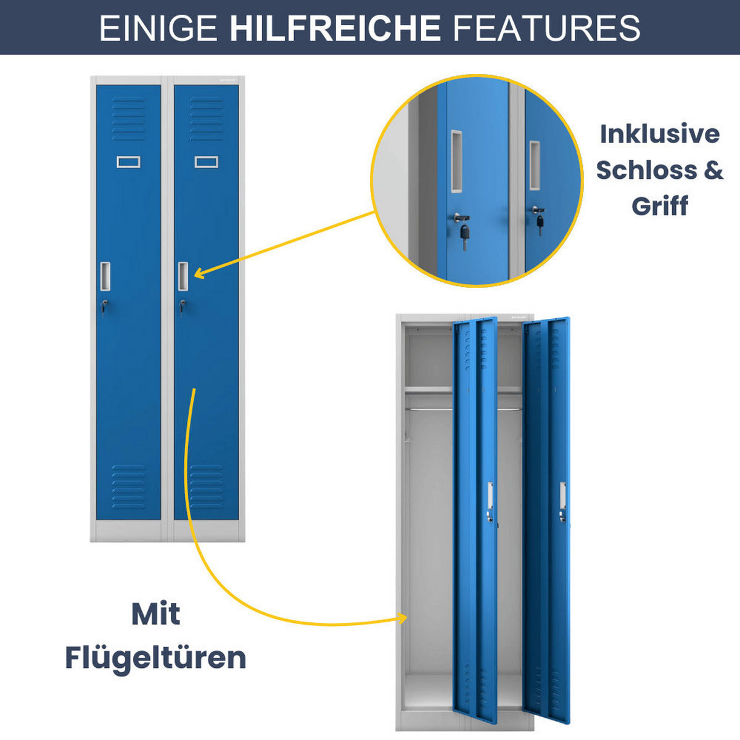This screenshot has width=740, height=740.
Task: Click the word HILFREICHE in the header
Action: click(x=335, y=28)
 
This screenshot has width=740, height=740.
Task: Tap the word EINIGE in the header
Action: click(x=158, y=28)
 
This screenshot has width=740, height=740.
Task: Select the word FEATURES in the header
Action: click(x=546, y=28)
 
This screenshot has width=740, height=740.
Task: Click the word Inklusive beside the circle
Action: click(x=659, y=134)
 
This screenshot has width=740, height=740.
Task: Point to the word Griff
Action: click(x=659, y=206)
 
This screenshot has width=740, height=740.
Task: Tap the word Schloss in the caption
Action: click(x=641, y=170)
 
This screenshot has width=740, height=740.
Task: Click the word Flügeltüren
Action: click(x=155, y=657)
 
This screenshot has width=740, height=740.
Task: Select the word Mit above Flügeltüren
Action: click(x=155, y=614)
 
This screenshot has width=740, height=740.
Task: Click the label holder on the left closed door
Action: click(x=128, y=162)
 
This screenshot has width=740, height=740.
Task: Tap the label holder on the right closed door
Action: click(x=206, y=162)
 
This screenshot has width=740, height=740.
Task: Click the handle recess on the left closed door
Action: click(x=105, y=276)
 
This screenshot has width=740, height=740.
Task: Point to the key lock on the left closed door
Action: click(x=104, y=304)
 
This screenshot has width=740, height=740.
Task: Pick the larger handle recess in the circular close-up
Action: click(x=456, y=160)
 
